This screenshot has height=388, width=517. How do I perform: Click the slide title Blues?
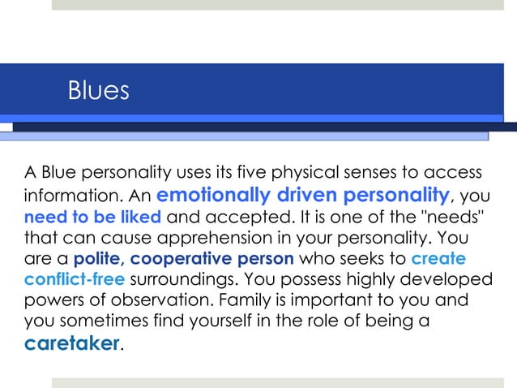click(98, 90)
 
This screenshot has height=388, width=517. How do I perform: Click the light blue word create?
click(438, 260)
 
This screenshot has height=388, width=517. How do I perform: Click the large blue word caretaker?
click(72, 344)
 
